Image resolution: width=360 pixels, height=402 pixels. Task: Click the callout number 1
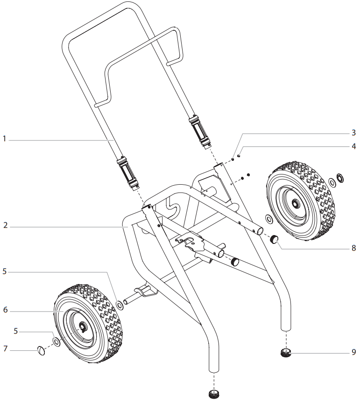pyautogui.click(x=5, y=139)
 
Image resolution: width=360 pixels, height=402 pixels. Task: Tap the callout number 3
pyautogui.click(x=353, y=132)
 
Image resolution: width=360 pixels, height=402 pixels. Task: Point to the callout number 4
pyautogui.click(x=353, y=146)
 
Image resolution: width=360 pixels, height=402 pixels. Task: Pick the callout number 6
pyautogui.click(x=5, y=310)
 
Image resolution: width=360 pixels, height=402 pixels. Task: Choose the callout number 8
pyautogui.click(x=353, y=249)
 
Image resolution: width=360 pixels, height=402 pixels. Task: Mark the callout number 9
pyautogui.click(x=353, y=352)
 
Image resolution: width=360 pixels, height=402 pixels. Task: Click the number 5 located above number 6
pyautogui.click(x=5, y=271)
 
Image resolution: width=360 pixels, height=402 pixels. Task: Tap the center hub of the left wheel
pyautogui.click(x=83, y=328)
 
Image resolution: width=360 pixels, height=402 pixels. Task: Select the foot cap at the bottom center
pyautogui.click(x=214, y=393)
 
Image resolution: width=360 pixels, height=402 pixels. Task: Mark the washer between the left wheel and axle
pyautogui.click(x=120, y=305)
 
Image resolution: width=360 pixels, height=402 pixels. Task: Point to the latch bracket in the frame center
pyautogui.click(x=191, y=243)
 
